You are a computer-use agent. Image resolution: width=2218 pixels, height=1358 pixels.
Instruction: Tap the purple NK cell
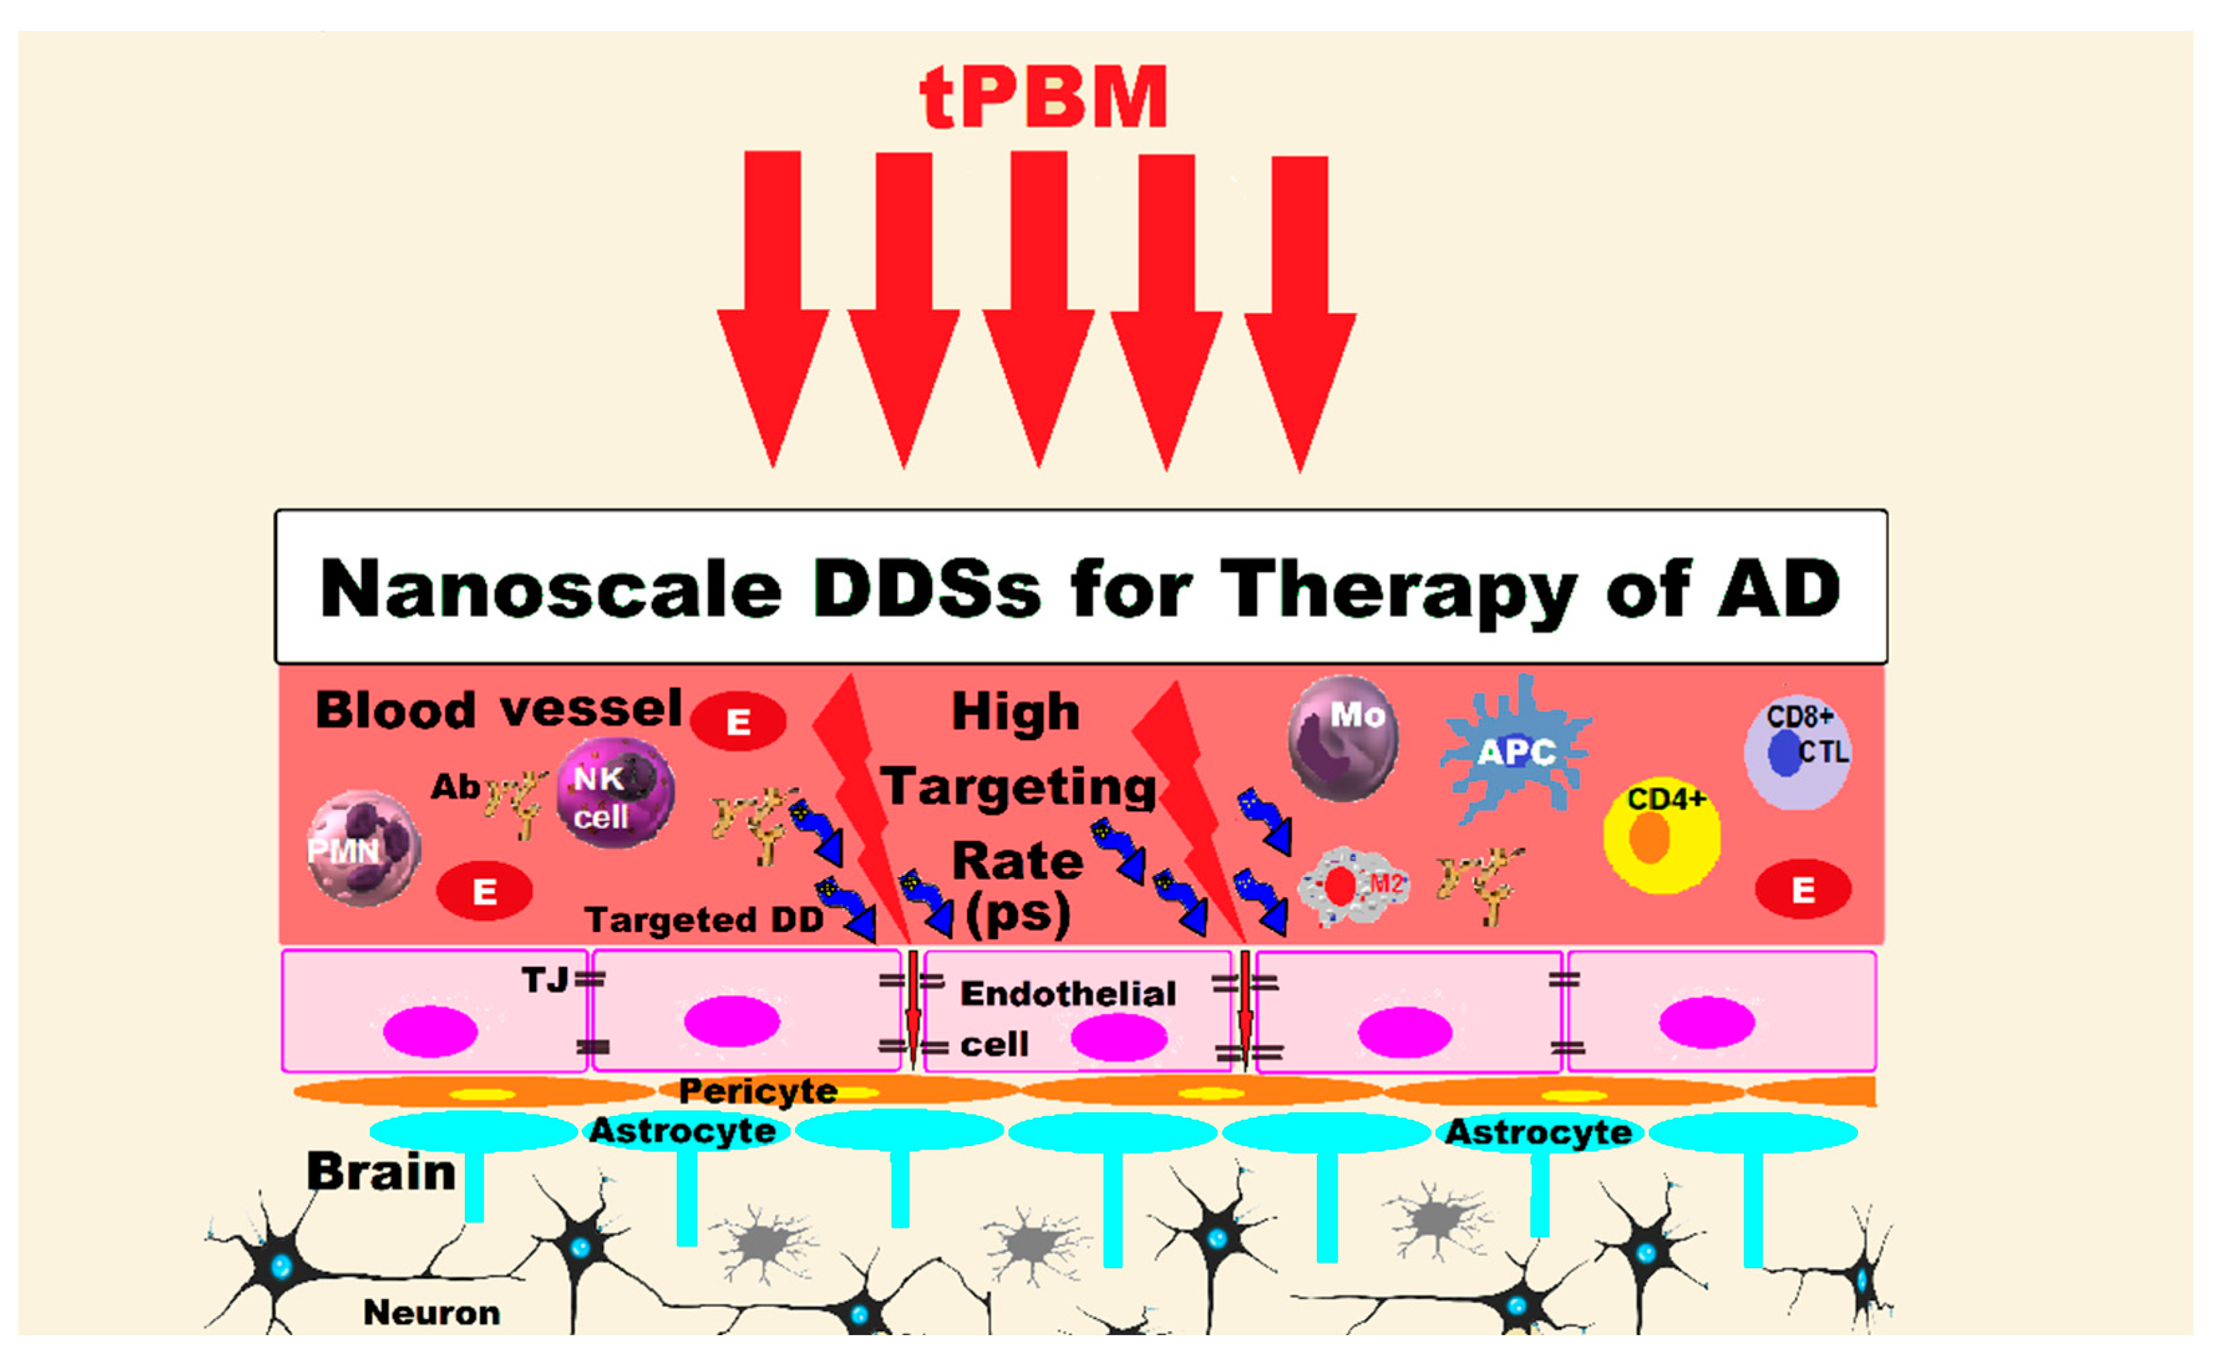click(x=615, y=793)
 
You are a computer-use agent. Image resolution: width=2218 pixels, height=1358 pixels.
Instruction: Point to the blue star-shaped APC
click(x=1516, y=750)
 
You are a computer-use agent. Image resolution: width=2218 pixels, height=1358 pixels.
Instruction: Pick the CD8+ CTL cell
click(x=1797, y=752)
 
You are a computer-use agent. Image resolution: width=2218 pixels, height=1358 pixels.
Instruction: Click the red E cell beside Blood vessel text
click(x=738, y=722)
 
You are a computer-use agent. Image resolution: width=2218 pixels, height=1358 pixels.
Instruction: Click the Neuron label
click(x=431, y=1312)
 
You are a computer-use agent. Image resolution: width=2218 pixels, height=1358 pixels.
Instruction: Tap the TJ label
click(x=545, y=980)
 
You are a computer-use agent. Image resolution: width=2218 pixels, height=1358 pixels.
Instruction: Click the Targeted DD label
click(x=704, y=919)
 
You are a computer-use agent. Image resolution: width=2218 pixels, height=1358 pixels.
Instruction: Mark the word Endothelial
click(x=1067, y=994)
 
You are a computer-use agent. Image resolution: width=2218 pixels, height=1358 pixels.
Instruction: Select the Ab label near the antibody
click(x=455, y=787)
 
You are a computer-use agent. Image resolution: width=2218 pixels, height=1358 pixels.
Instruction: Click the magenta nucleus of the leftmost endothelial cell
click(x=429, y=1031)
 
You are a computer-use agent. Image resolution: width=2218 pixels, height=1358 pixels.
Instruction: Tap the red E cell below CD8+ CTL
click(x=1802, y=890)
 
